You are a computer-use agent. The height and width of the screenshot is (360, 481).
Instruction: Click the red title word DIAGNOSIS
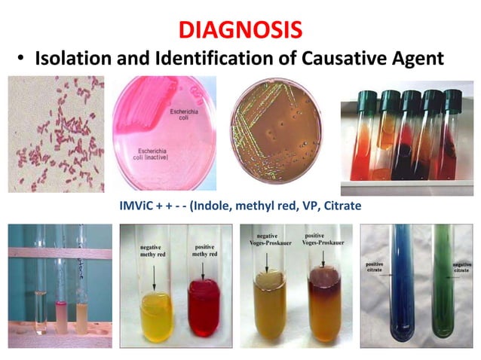tap(240, 30)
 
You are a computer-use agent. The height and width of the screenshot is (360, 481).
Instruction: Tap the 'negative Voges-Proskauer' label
tap(266, 244)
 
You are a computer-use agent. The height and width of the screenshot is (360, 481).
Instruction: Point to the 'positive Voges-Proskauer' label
tap(325, 243)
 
